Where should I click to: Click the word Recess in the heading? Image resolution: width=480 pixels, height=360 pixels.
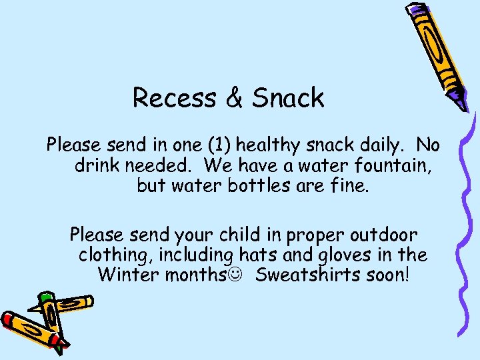point(173,98)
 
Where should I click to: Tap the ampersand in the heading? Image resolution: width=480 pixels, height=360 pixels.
point(233,98)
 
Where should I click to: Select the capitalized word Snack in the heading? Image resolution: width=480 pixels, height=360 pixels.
point(288,98)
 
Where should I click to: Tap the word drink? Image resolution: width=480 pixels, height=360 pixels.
point(96,165)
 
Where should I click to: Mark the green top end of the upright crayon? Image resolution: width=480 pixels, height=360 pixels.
point(45,297)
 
